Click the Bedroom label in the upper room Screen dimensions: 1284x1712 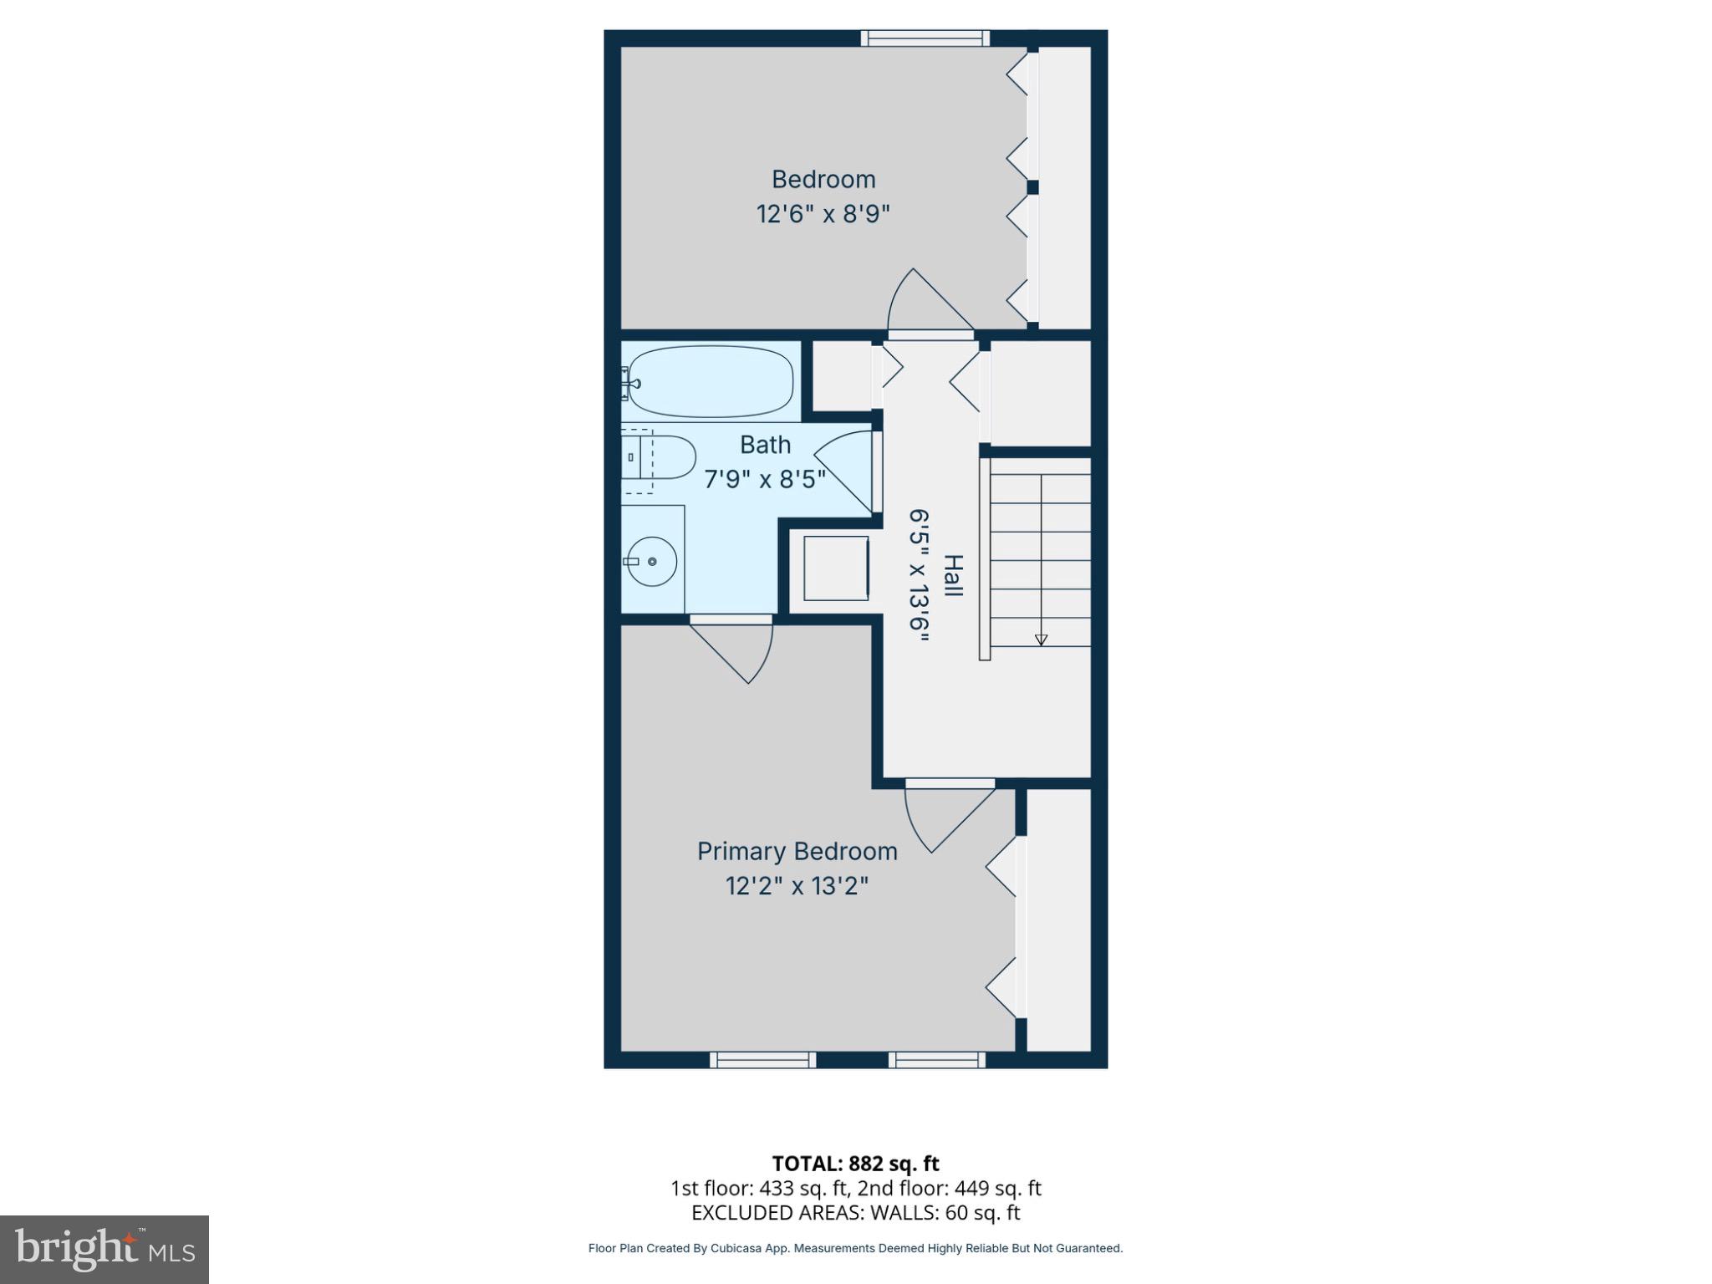coord(823,179)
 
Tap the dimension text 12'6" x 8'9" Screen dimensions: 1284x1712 coord(823,214)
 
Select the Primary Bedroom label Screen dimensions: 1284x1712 coord(797,851)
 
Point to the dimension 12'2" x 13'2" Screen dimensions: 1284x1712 coord(797,885)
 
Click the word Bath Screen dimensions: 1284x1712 coord(765,445)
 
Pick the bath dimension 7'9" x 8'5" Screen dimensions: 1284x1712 coord(765,479)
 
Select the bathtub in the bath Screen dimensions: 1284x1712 coord(711,382)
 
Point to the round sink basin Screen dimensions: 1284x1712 coord(652,561)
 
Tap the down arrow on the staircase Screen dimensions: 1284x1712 coord(1041,639)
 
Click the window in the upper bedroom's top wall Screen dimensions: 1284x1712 coord(925,38)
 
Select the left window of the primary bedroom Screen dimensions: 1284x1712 coord(762,1060)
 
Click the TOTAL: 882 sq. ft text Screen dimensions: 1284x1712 coord(855,1164)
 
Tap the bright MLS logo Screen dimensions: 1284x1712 coord(104,1249)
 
